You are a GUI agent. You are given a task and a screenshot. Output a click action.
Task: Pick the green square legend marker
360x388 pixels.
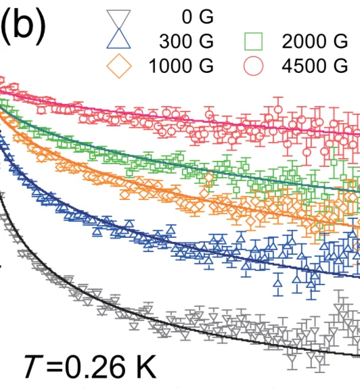pyautogui.click(x=254, y=42)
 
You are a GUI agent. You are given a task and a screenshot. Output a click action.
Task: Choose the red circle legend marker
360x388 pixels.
pyautogui.click(x=254, y=66)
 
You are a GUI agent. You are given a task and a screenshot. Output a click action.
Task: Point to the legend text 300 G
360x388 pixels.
pyautogui.click(x=186, y=42)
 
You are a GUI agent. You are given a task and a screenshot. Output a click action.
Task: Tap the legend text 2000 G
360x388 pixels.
pyautogui.click(x=311, y=42)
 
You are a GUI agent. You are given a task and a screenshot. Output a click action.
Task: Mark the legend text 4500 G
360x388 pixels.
pyautogui.click(x=311, y=66)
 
